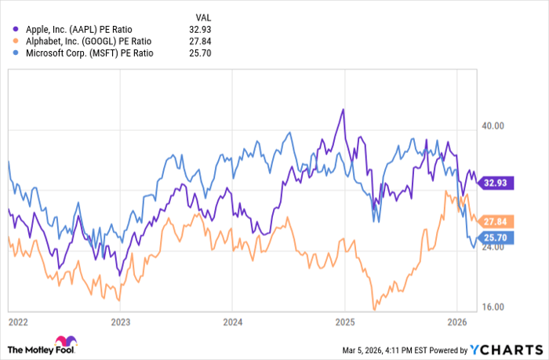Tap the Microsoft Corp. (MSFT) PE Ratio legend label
coord(82,53)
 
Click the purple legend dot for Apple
coord(10,29)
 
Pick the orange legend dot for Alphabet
coord(10,41)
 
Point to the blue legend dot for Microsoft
coord(10,53)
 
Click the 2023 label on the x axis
coord(120,322)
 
